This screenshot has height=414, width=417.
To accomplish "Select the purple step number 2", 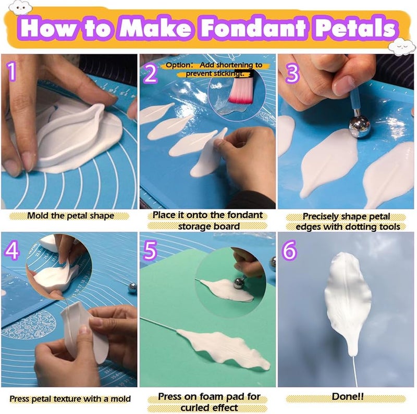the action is (150, 73).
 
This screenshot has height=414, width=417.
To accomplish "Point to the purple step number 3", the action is (292, 73).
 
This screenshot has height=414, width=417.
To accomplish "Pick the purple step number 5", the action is (151, 251).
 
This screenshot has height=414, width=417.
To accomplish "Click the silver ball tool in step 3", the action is (359, 126).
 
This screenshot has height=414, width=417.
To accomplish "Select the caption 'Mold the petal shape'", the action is (70, 215).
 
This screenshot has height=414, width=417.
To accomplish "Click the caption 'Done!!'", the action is (347, 396).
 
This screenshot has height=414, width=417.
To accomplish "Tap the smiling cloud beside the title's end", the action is (403, 48).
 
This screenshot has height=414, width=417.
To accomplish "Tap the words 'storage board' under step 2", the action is (208, 226).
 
